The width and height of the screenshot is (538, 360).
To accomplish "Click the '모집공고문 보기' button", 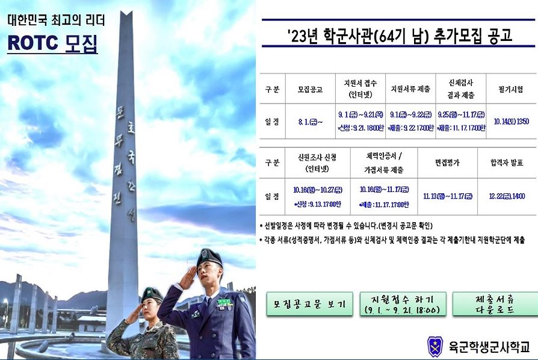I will (309, 304).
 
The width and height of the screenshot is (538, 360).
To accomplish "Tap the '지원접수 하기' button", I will (403, 304).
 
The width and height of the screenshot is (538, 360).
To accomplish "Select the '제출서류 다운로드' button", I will (494, 304).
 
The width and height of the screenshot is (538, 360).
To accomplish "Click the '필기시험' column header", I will (511, 89).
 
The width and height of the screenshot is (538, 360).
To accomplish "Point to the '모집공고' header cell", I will (310, 89).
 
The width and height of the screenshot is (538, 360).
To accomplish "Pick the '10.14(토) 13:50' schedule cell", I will (511, 121).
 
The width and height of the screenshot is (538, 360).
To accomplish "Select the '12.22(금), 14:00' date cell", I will (507, 196).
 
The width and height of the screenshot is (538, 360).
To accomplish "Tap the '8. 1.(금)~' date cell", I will (310, 121).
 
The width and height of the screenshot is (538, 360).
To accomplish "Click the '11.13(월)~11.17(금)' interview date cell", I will (447, 196).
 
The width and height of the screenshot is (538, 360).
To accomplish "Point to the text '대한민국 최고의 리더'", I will (56, 20).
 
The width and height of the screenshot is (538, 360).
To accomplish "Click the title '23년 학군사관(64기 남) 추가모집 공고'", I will (400, 36).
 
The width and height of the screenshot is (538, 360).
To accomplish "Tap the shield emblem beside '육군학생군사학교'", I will (434, 346).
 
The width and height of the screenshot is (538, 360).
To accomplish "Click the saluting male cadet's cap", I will (209, 257).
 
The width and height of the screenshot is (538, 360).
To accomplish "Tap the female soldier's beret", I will (151, 294).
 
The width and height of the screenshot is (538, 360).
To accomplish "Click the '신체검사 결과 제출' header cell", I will (463, 89).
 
